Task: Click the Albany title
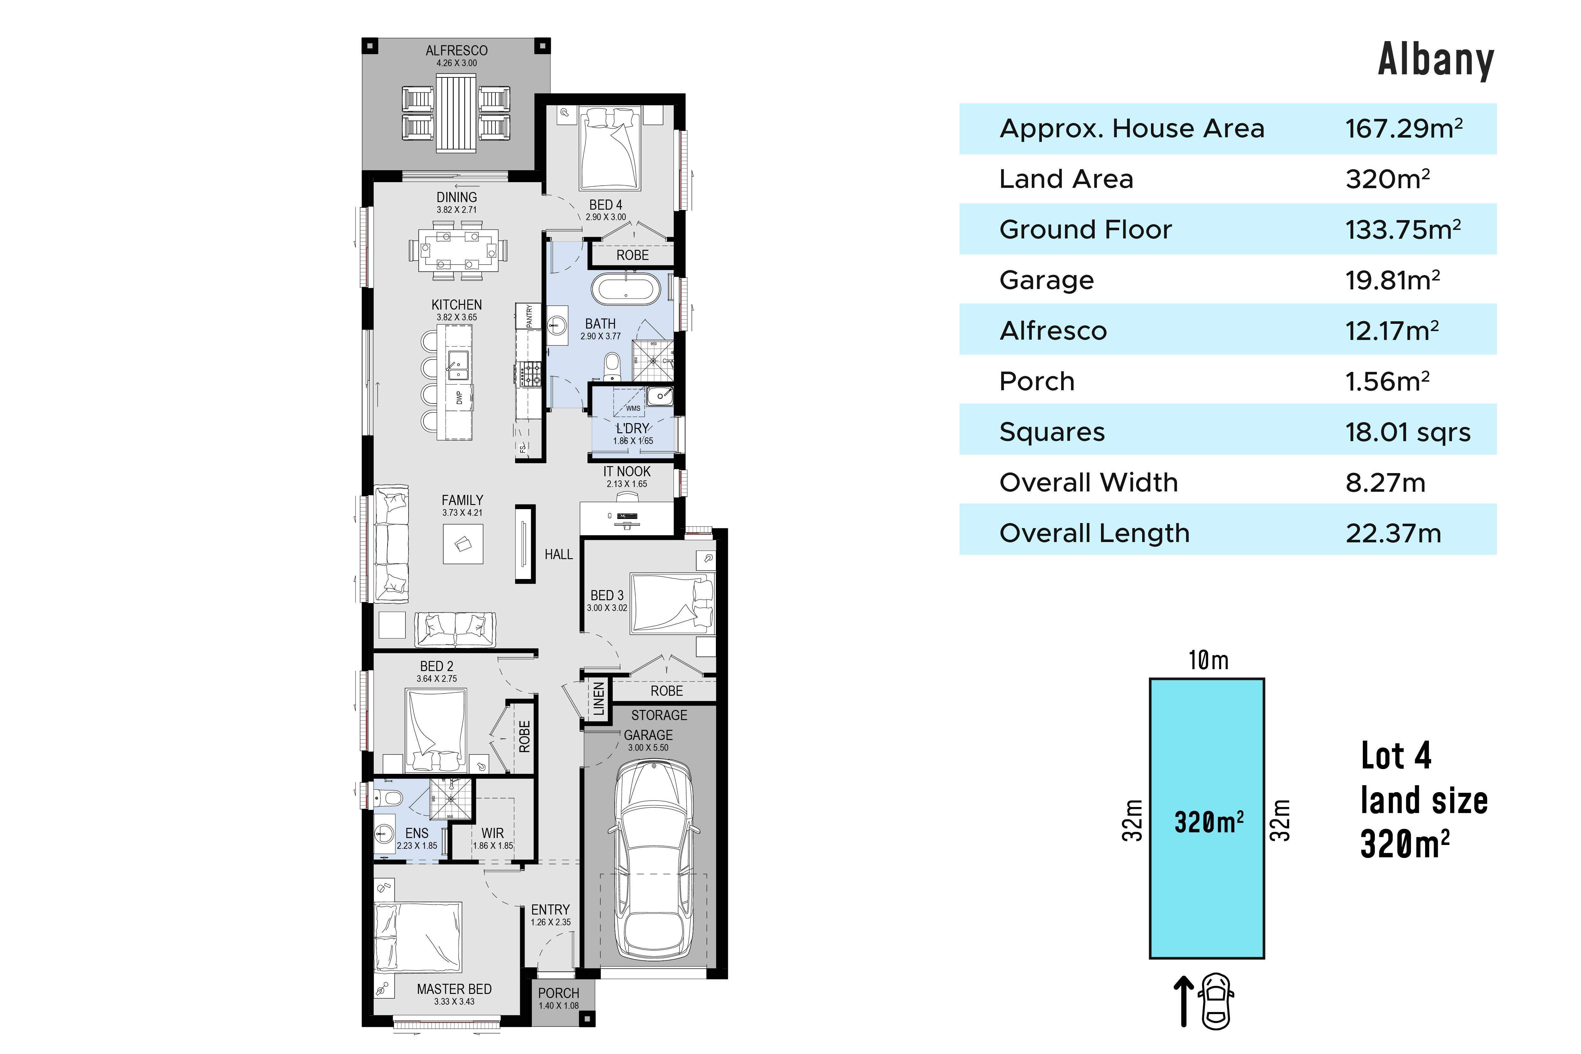tap(1436, 60)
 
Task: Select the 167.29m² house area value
tap(1404, 128)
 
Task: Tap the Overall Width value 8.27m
tap(1385, 483)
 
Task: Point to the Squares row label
tap(1052, 432)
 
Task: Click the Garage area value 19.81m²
tap(1392, 280)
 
